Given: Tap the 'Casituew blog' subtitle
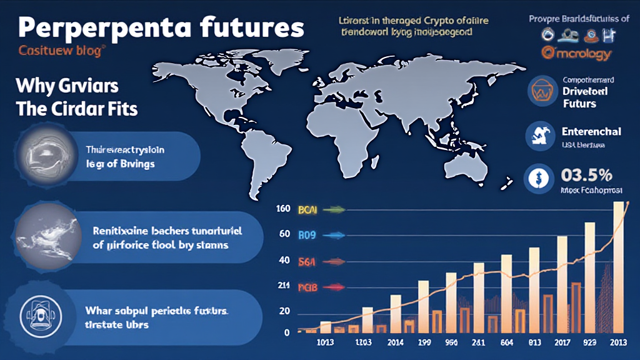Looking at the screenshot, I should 61,52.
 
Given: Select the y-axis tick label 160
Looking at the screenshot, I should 282,209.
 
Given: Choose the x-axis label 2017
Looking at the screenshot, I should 561,342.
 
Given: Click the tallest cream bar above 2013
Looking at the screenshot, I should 617,269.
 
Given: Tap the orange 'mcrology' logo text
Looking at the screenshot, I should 576,54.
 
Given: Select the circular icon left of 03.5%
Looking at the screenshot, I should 537,177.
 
